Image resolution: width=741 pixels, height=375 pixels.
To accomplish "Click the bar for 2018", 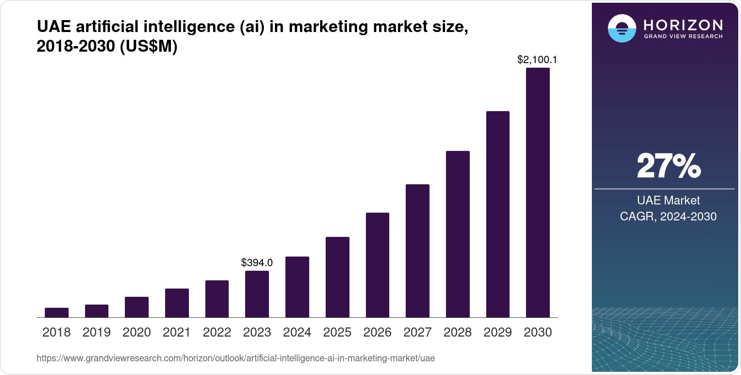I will coord(57,313).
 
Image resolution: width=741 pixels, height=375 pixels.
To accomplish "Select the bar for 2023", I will coord(257,294).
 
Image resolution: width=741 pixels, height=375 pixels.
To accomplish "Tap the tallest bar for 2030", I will coord(538,193).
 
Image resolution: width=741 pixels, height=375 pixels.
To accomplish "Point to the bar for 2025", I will coord(337,277).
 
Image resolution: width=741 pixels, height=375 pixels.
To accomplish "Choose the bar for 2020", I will coord(137,307).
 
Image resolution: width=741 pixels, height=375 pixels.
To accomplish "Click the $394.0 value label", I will coord(257,262).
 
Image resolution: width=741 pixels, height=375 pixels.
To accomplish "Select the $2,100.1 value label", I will coord(537,59).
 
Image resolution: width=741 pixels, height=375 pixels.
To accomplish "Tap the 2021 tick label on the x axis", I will coord(177,332).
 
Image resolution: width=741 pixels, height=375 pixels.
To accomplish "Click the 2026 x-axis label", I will coord(377,332).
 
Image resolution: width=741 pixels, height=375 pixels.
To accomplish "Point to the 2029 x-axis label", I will coord(498,332).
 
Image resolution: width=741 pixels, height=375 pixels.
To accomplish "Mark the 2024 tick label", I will coord(297,332).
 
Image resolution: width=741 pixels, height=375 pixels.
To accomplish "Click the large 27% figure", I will coord(668,166).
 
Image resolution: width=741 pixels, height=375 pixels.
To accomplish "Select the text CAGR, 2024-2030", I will coord(668,216).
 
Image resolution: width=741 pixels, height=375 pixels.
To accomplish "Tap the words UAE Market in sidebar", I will coord(668,200).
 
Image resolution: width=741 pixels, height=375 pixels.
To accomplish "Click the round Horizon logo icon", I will coord(622,28).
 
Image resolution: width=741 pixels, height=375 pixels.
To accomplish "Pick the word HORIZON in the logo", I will coord(683,25).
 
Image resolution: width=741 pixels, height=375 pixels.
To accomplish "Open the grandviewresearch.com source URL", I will coord(236,358).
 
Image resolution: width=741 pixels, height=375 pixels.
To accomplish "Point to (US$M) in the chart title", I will coord(148,46).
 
